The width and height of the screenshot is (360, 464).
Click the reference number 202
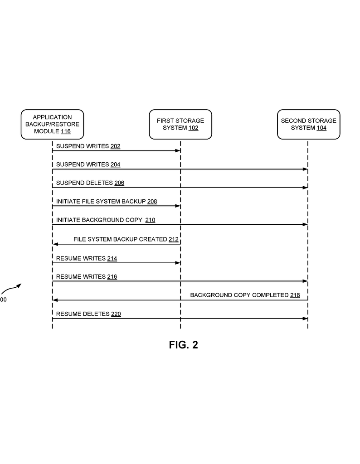coord(116,146)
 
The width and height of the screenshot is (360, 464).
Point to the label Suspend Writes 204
coord(88,164)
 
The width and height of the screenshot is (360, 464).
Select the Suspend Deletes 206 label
coord(90,183)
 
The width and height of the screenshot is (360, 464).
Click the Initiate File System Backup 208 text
coord(107,202)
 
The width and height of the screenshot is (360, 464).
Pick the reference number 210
coord(151,220)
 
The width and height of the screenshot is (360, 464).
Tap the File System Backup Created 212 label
coord(126,239)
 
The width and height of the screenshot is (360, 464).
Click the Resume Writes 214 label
coord(87,258)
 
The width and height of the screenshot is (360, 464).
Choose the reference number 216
coord(112,277)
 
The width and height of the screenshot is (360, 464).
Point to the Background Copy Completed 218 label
coord(245,295)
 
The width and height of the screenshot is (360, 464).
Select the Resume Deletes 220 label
coord(88,314)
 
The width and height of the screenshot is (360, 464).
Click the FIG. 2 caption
coord(184,345)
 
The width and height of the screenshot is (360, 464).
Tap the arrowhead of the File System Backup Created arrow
coord(55,244)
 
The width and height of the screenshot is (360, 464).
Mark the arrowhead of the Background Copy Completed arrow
coord(55,300)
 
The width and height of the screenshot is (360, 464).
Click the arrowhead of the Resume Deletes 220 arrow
coord(305,319)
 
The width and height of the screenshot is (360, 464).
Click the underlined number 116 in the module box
coord(66,131)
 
